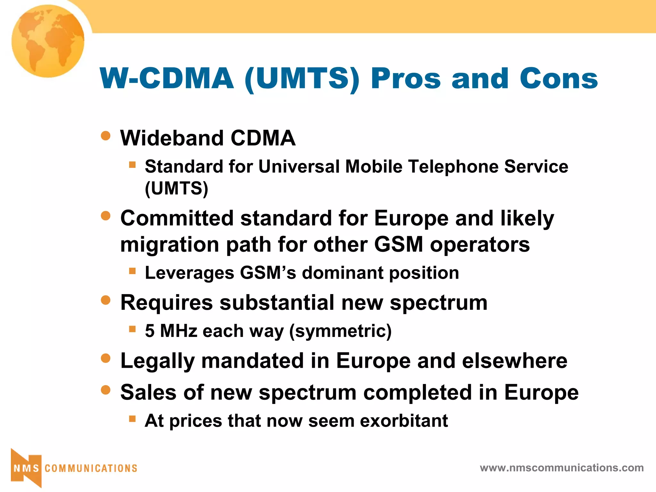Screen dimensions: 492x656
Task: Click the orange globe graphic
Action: [48, 41]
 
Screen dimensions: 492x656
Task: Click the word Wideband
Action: [172, 138]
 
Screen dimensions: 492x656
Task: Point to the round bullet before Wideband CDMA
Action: [106, 135]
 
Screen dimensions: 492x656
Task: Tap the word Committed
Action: [177, 218]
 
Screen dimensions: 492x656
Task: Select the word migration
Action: [170, 245]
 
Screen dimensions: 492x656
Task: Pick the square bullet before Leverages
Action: [132, 271]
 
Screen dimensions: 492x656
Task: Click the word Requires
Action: [167, 303]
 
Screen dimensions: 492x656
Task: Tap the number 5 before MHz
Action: [150, 331]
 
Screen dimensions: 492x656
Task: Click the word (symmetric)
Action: [340, 331]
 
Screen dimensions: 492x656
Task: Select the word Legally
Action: [157, 361]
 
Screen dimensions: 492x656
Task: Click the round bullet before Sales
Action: [106, 390]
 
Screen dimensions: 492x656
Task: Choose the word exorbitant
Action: [404, 421]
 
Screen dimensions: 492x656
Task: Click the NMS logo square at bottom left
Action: [26, 468]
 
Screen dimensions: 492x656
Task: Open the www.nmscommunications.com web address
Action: [562, 468]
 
